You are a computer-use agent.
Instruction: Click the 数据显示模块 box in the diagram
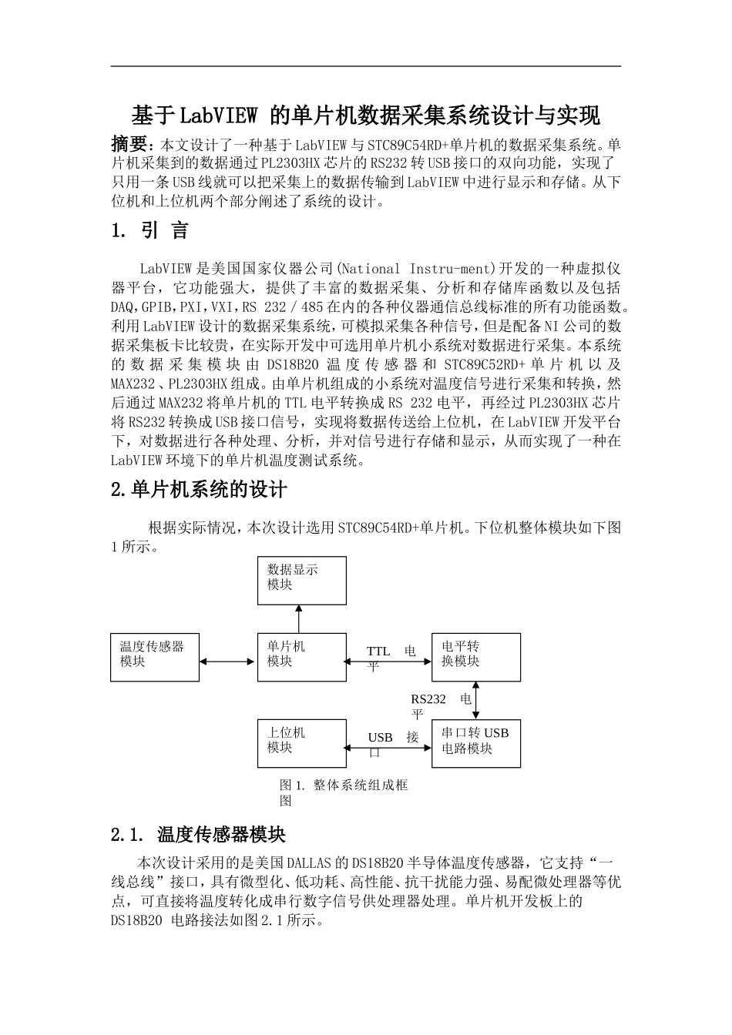(301, 580)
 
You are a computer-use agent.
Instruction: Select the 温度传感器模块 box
(155, 657)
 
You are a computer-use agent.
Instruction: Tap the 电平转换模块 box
(475, 657)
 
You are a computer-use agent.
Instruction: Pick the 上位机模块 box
(301, 743)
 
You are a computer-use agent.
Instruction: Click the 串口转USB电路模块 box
(475, 743)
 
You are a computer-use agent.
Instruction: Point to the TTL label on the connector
(378, 651)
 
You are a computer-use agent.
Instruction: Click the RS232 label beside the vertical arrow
(428, 699)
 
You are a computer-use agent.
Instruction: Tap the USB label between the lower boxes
(381, 738)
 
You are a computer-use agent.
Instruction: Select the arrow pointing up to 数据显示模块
(299, 619)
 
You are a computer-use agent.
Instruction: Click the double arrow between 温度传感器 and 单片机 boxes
(228, 661)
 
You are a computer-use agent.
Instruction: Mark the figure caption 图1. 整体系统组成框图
(343, 792)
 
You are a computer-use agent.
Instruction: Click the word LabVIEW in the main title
(218, 116)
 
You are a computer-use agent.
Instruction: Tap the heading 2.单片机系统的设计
(199, 489)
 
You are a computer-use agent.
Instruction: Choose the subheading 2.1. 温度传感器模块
(199, 835)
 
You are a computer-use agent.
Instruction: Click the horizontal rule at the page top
(366, 66)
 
